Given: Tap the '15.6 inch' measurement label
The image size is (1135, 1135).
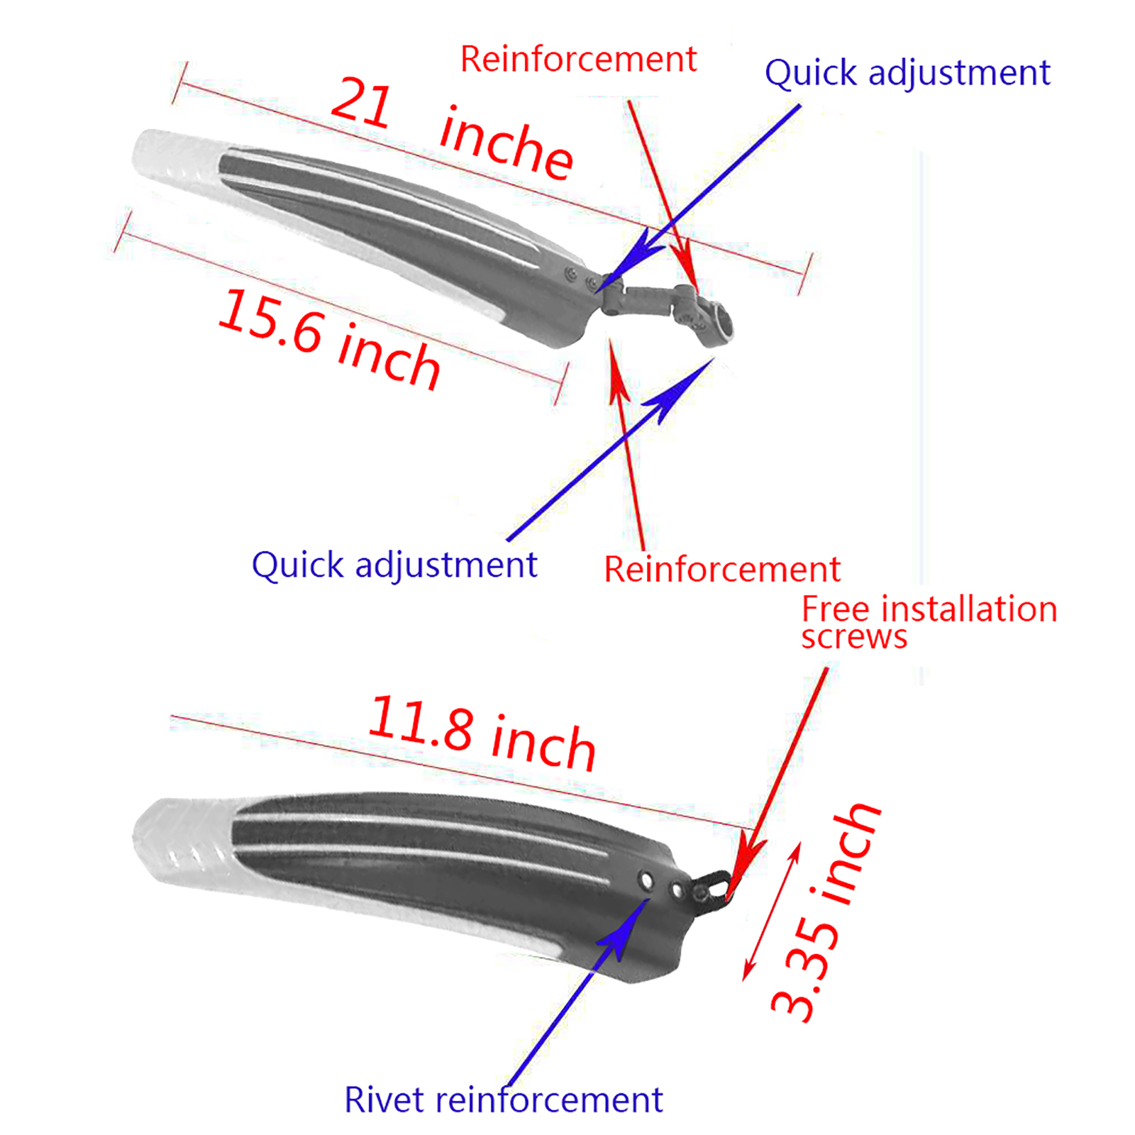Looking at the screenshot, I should click(x=328, y=338).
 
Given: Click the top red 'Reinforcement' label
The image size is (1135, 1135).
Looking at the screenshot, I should click(x=578, y=59).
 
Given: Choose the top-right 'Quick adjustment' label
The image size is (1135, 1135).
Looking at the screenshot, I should click(x=907, y=73).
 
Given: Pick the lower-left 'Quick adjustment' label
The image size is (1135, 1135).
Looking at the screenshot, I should click(x=394, y=565).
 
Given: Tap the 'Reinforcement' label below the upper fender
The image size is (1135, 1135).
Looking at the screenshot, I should click(x=721, y=570).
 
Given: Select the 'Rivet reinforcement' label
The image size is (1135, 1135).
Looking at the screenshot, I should click(x=503, y=1100).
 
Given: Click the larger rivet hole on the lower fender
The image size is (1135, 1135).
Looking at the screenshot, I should click(x=646, y=881).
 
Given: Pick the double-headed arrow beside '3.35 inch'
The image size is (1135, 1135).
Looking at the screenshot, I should click(x=772, y=912).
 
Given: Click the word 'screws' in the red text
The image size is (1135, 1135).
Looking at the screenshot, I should click(x=854, y=637).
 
